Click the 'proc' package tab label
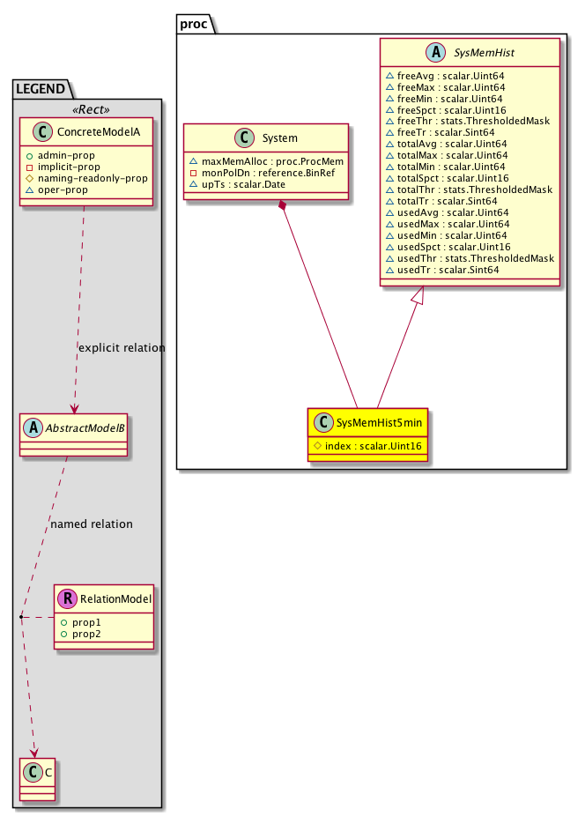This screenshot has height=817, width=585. (193, 24)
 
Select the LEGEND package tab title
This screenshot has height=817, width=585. (42, 87)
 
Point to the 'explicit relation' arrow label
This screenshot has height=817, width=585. (122, 348)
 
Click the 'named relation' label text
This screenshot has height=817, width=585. (92, 524)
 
